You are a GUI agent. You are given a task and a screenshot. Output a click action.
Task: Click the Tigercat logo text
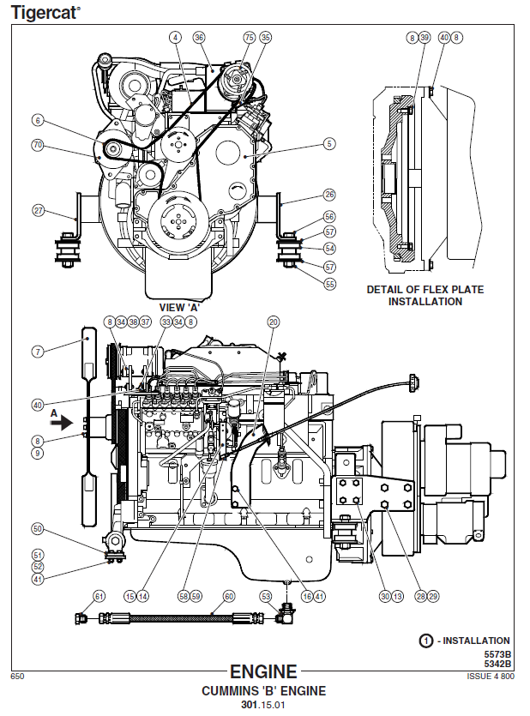(x=45, y=12)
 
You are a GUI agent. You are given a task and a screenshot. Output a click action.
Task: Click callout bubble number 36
(x=199, y=38)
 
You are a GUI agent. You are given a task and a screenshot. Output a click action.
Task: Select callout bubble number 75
(x=250, y=38)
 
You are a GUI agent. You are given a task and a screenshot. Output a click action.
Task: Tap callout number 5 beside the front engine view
(x=329, y=144)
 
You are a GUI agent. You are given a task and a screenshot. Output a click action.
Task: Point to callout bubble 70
(x=38, y=145)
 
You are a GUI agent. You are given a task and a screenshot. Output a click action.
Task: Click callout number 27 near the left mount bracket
(x=39, y=210)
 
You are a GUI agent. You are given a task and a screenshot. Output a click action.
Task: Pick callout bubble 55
(x=329, y=284)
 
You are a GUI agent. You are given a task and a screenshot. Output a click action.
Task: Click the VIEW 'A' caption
(x=179, y=307)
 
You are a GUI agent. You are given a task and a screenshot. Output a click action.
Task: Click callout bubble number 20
(x=273, y=322)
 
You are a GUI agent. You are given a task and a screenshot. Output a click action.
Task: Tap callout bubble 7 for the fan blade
(x=38, y=352)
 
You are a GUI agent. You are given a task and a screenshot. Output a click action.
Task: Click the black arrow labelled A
(x=62, y=423)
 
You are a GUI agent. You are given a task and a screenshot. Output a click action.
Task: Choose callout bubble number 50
(x=38, y=529)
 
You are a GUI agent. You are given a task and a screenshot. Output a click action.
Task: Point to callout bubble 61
(x=99, y=596)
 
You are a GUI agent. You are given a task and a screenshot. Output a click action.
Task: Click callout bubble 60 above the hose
(x=229, y=596)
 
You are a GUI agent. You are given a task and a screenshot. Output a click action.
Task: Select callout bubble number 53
(x=266, y=596)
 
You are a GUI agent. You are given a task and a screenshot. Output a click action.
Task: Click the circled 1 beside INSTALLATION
(x=425, y=641)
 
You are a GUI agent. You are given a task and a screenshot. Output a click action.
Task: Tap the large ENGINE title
(x=263, y=671)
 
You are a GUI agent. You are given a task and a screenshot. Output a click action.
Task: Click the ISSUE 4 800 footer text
(x=491, y=677)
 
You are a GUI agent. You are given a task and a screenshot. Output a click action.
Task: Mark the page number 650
(x=17, y=677)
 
